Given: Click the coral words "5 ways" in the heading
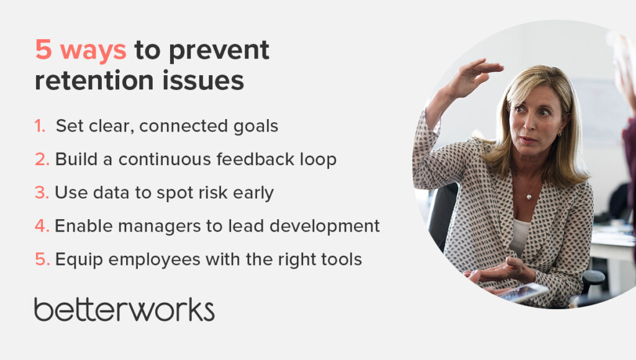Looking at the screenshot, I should tap(81, 51).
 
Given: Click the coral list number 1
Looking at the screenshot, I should tap(40, 126).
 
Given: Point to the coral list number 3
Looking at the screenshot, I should tap(42, 192).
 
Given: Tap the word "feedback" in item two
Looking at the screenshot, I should tap(249, 160).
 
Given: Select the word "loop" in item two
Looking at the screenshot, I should tap(318, 160).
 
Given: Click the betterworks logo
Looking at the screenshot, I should tap(124, 308).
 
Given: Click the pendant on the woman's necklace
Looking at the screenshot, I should tap(529, 197).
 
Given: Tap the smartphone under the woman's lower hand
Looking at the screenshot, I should tap(524, 292).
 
